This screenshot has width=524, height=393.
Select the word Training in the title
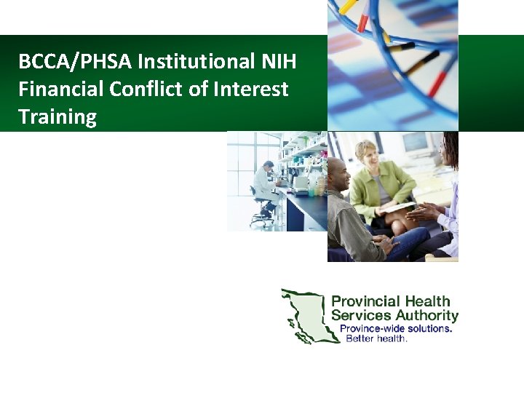click(x=57, y=117)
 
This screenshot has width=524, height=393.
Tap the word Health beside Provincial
click(x=427, y=301)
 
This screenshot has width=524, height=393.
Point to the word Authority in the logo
click(x=426, y=315)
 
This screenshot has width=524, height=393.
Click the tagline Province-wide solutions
click(x=397, y=328)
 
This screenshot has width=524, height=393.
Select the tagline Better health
click(x=376, y=338)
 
